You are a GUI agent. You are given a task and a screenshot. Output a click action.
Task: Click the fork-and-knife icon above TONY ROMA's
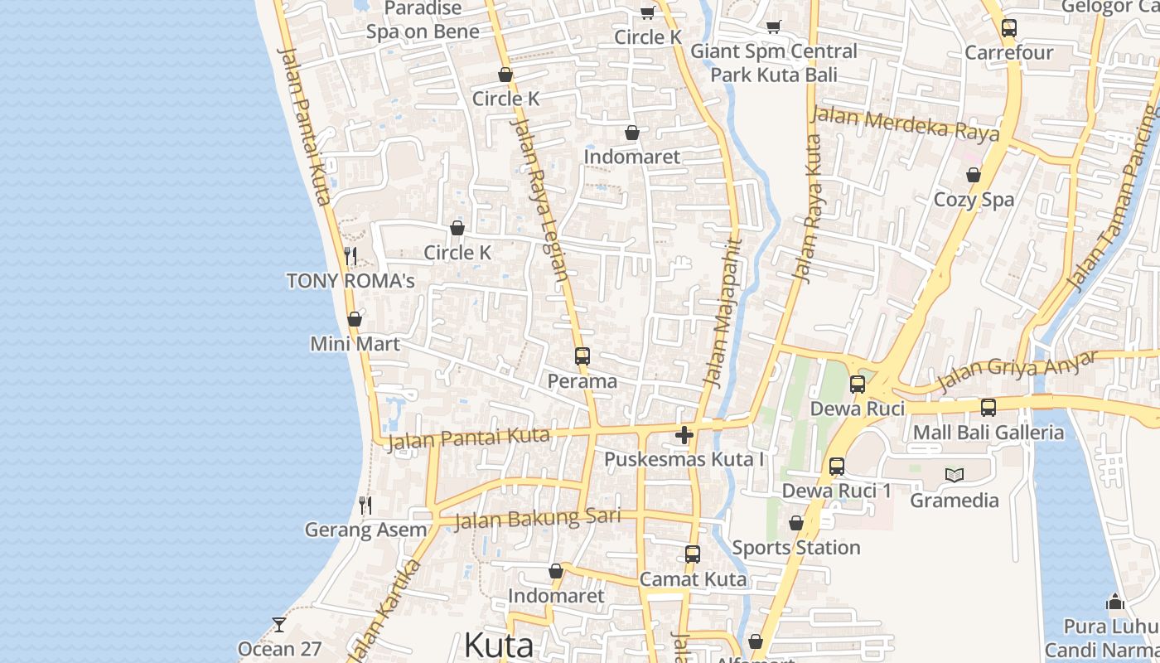coord(350,255)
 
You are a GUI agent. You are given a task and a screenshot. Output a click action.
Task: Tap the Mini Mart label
coord(355,343)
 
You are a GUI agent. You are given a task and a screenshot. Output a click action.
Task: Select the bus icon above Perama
coord(582,356)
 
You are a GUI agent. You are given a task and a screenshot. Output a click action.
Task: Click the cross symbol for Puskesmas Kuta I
coord(684,435)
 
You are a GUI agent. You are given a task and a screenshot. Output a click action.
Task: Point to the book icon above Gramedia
coord(955,475)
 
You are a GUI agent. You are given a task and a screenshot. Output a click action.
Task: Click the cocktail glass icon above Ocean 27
coord(279,624)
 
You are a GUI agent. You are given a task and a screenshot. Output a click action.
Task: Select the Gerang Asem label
coord(365,530)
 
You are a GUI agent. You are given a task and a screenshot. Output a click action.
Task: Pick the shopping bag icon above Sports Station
coord(796,523)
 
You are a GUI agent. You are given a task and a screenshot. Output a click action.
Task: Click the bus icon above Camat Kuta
coord(693,554)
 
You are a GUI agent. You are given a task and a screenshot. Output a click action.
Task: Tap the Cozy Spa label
coord(974,200)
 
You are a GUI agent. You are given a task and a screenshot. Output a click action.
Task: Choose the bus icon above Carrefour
coord(1008,27)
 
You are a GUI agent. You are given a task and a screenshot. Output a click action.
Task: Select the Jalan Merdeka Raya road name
coord(905,123)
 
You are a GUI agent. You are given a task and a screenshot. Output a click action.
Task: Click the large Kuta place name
coord(499,645)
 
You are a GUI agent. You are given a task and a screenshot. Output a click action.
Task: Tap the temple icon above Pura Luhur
coord(1115,602)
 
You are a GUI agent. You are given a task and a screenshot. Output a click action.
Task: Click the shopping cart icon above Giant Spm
coord(773,27)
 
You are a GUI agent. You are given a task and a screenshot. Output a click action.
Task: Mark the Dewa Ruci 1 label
coord(837,491)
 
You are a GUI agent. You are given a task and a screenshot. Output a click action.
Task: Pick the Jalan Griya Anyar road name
coord(1017,371)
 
